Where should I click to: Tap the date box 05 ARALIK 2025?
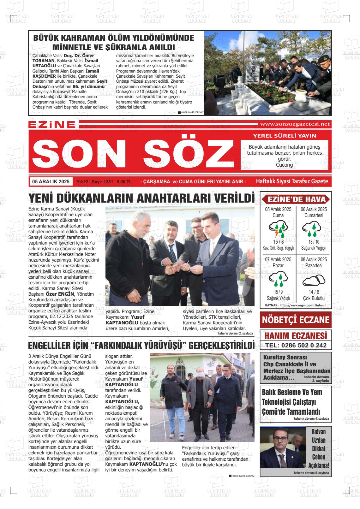pyautogui.click(x=51, y=181)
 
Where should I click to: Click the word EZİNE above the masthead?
pyautogui.click(x=52, y=125)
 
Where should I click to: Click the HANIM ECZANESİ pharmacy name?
pyautogui.click(x=296, y=335)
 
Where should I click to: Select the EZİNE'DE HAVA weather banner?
pyautogui.click(x=296, y=199)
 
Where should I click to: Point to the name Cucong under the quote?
pyautogui.click(x=284, y=165)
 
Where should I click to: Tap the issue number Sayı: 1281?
pyautogui.click(x=102, y=182)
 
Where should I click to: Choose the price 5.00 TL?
pyautogui.click(x=124, y=182)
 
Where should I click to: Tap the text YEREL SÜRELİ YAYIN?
pyautogui.click(x=285, y=136)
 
